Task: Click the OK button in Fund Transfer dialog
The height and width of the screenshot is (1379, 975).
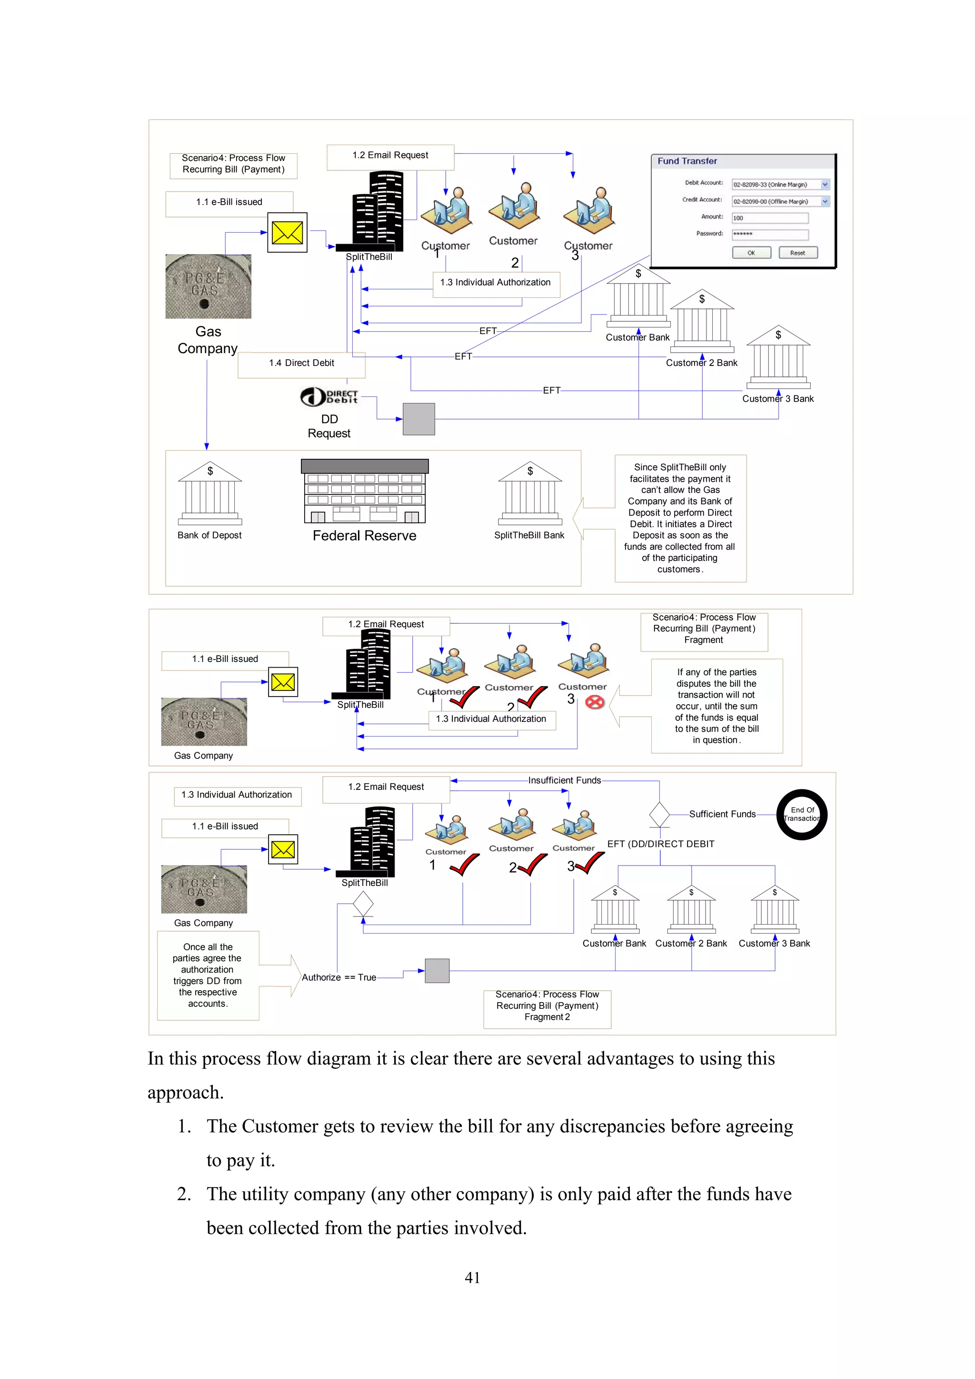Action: (751, 253)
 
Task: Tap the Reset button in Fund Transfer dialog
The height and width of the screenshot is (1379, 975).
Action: (798, 253)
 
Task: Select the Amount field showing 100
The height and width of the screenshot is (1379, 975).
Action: (769, 218)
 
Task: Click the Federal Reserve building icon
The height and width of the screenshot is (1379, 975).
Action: (365, 491)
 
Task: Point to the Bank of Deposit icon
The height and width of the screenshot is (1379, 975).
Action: (209, 494)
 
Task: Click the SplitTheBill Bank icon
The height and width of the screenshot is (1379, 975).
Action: (529, 494)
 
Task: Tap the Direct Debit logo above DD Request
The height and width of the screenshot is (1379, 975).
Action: (329, 396)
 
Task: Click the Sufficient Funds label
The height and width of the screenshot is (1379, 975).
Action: (722, 814)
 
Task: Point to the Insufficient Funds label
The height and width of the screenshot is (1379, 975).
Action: (564, 780)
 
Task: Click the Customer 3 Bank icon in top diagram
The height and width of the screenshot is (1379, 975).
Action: (778, 357)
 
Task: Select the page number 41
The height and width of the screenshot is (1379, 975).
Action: (472, 1278)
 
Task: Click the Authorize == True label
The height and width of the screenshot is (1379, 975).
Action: (339, 977)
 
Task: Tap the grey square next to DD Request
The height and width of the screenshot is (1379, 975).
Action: (419, 419)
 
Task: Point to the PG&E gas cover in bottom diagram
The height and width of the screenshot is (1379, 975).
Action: (204, 889)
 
